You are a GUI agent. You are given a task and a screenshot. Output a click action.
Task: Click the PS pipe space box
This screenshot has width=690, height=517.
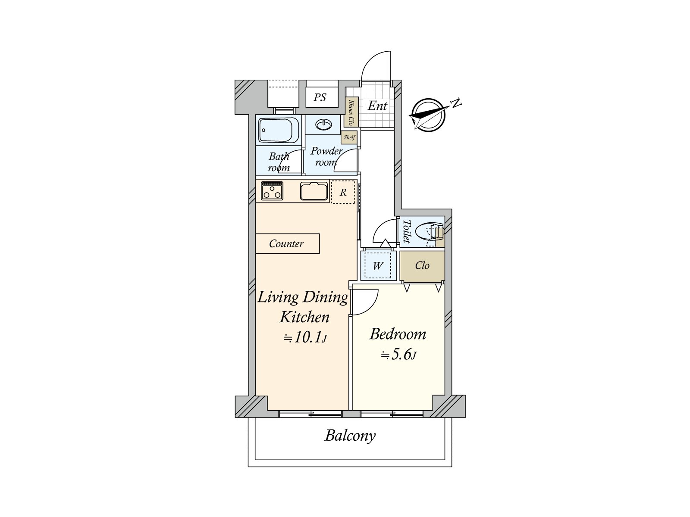[x=322, y=97]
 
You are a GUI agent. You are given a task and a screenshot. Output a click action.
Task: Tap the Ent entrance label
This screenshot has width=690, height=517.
[x=377, y=106]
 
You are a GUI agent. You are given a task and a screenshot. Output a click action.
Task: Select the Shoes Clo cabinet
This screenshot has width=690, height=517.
[x=351, y=112]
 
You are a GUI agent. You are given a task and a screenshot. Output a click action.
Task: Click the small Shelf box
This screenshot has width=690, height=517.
[x=349, y=137]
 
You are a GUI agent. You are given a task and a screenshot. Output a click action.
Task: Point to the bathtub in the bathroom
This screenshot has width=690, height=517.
[x=279, y=130]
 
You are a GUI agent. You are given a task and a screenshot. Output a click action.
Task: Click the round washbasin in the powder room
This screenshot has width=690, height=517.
[x=324, y=125]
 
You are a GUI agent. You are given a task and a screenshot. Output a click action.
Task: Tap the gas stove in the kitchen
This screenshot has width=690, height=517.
[x=272, y=191]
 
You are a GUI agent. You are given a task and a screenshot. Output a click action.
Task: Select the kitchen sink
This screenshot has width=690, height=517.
[x=314, y=191]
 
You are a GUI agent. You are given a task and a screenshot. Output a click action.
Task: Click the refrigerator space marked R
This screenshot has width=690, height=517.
[x=343, y=192]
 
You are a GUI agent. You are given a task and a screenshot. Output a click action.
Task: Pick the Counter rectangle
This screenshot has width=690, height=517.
[x=288, y=243]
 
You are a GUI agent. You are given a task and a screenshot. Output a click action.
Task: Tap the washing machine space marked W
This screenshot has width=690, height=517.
[x=377, y=266]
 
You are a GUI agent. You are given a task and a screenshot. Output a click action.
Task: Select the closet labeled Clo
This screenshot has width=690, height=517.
[x=422, y=265]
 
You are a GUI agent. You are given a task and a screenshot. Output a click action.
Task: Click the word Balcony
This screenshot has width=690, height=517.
[x=350, y=436]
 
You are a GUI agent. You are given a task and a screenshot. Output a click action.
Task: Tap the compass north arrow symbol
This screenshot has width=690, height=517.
[x=429, y=115]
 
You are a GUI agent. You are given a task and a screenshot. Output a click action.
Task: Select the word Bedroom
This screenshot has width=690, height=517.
[x=398, y=334]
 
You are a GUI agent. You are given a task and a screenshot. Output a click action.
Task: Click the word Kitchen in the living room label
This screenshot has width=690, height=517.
[x=304, y=317]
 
